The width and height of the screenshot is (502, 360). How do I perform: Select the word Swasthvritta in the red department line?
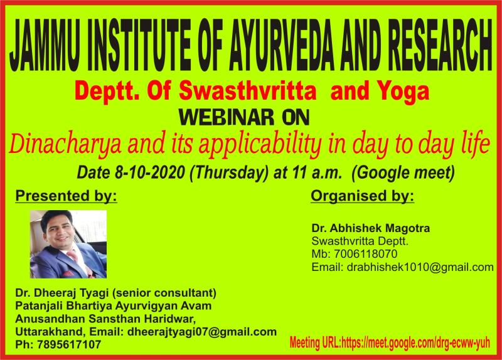(247, 91)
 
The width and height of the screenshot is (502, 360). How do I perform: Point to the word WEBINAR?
(227, 117)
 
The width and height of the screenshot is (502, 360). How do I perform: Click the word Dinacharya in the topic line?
(66, 144)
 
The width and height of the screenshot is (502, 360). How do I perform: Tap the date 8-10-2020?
(149, 172)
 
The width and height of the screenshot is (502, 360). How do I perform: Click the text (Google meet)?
(403, 173)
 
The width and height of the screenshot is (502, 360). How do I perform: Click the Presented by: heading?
(67, 196)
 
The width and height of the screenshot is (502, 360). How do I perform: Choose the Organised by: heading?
(363, 196)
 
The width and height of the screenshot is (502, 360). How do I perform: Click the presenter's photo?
(68, 244)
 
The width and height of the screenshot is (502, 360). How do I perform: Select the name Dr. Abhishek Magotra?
(371, 228)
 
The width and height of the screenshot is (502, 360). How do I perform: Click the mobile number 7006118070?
(366, 254)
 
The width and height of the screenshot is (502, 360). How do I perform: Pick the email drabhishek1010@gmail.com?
(420, 267)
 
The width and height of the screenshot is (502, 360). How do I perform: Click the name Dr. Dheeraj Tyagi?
(62, 293)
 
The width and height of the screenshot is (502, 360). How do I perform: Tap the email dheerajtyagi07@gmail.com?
(202, 332)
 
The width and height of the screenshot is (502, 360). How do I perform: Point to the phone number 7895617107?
(69, 345)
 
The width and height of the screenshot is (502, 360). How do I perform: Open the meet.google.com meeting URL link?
(415, 342)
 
